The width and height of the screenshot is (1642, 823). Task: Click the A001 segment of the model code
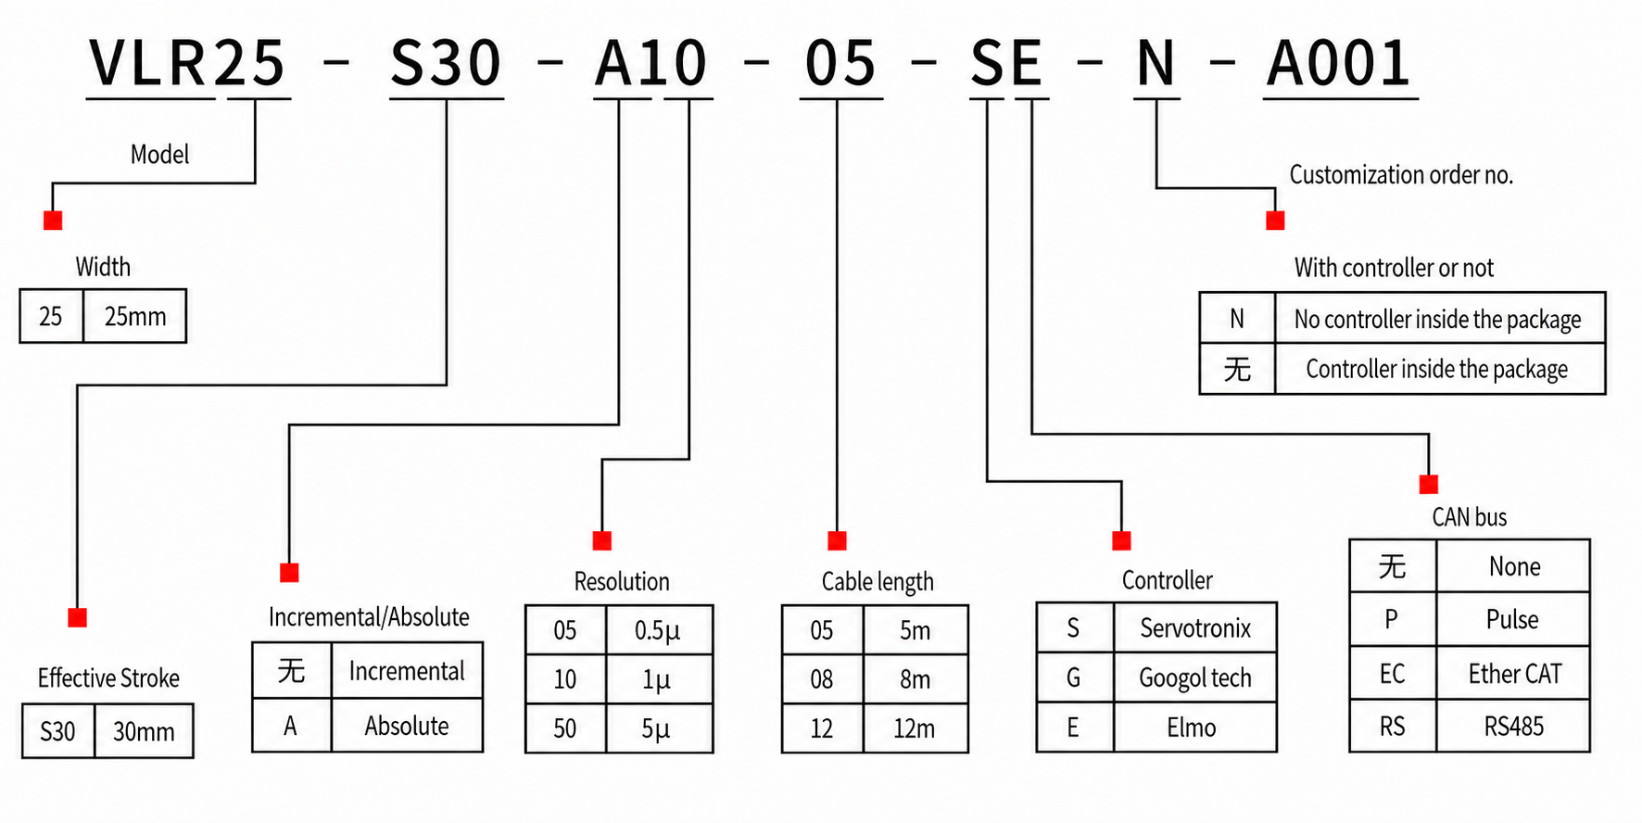pos(1339,64)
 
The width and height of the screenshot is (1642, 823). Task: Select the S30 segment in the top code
pos(446,64)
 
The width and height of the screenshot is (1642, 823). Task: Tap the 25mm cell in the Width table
pos(135,317)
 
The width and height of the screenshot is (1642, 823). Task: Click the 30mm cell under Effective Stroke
pos(144,732)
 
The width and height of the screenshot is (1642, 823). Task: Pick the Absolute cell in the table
pos(407,726)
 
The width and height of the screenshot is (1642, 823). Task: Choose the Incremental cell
pos(407,671)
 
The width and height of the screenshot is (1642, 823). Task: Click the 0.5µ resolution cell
pos(658,631)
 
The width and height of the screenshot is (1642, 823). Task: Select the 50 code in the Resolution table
pos(565,729)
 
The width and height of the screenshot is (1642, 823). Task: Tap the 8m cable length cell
pos(916,680)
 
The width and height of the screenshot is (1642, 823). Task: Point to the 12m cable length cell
pos(915,729)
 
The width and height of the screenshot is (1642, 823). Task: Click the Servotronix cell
pos(1195,628)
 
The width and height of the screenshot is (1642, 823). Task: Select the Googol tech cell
pos(1195,678)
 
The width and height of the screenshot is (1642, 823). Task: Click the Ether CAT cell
pos(1515,674)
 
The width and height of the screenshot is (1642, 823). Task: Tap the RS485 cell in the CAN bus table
pos(1514,727)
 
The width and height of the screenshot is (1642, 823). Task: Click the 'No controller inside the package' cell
pos(1438,320)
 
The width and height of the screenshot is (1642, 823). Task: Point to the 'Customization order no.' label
pos(1401,175)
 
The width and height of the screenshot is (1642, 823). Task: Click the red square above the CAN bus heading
pos(1429,485)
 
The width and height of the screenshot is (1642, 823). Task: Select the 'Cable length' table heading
pos(878,582)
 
